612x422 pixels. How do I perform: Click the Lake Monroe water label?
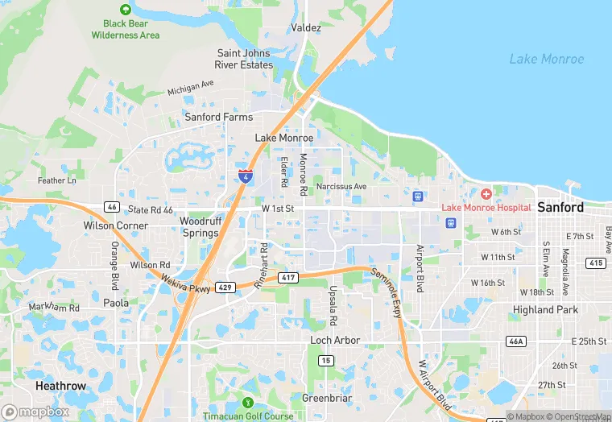click(x=547, y=59)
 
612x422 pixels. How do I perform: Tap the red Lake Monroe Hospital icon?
click(x=486, y=194)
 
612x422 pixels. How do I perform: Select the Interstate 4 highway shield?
click(x=244, y=176)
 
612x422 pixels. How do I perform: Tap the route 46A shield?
click(x=515, y=341)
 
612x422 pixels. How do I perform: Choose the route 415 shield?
click(x=595, y=263)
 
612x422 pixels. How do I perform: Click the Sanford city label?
click(x=560, y=207)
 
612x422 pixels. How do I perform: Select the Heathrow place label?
click(x=60, y=386)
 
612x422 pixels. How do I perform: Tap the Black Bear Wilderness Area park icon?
click(x=125, y=10)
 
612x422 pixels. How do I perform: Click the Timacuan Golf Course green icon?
click(x=248, y=403)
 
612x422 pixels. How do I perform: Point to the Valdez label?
click(x=306, y=27)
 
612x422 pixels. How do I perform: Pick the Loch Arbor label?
click(x=335, y=341)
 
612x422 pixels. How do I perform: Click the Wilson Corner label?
click(x=116, y=225)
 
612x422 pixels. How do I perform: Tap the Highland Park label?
click(x=546, y=309)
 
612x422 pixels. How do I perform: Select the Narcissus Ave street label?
click(x=341, y=187)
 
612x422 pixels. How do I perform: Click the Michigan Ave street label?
click(x=191, y=87)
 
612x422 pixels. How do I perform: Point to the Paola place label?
click(x=115, y=303)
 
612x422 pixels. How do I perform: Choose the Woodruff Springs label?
click(x=199, y=226)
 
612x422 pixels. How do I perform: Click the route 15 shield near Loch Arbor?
click(x=325, y=360)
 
